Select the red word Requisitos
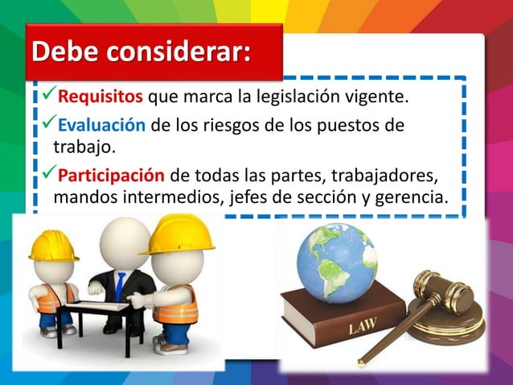pos(101,98)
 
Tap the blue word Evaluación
pos(101,126)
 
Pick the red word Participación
pos(112,176)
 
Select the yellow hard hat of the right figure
pos(183,233)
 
